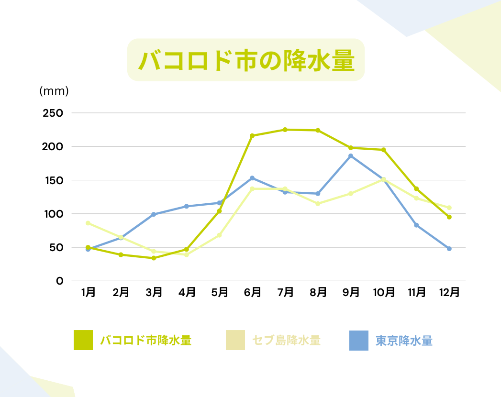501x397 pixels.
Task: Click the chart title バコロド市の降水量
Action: pyautogui.click(x=246, y=60)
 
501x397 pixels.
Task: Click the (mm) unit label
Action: pyautogui.click(x=54, y=90)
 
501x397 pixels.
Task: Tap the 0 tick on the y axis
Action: pyautogui.click(x=60, y=281)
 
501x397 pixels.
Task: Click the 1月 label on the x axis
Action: pyautogui.click(x=88, y=292)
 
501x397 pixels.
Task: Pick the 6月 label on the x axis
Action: pyautogui.click(x=252, y=292)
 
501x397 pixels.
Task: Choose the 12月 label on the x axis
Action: pyautogui.click(x=449, y=292)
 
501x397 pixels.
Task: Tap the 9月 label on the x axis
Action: pyautogui.click(x=351, y=292)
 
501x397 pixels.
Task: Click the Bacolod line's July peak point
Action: pyautogui.click(x=285, y=130)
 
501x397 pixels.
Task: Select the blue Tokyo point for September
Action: pyautogui.click(x=351, y=156)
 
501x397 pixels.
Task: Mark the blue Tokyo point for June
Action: pyautogui.click(x=252, y=178)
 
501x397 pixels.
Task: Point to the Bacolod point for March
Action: pyautogui.click(x=154, y=258)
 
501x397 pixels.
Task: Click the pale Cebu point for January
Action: pyautogui.click(x=88, y=223)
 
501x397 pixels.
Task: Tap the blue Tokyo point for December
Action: pyautogui.click(x=449, y=249)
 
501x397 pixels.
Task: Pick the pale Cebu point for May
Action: pyautogui.click(x=220, y=235)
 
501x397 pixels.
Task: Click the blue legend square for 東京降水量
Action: pyautogui.click(x=359, y=341)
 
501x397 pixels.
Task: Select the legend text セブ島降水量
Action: pyautogui.click(x=286, y=341)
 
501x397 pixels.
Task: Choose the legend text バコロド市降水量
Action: pyautogui.click(x=145, y=341)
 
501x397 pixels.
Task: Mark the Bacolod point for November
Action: pyautogui.click(x=416, y=189)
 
